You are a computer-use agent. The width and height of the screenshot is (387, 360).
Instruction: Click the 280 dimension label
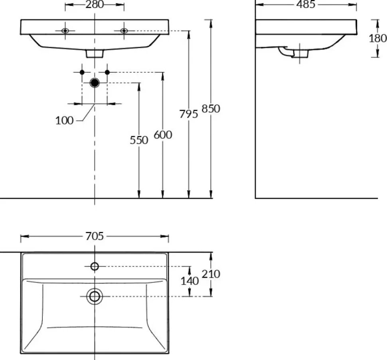tap(95, 4)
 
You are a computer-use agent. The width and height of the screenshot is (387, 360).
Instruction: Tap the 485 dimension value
tap(306, 4)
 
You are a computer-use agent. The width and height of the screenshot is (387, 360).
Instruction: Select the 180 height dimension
tap(377, 38)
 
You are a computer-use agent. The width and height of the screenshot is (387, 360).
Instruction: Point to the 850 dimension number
tap(211, 109)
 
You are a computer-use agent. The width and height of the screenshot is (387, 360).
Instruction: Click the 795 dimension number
tap(189, 114)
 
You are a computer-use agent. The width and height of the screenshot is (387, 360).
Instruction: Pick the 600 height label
tap(163, 135)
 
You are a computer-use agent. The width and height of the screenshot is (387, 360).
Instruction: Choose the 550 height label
tap(139, 140)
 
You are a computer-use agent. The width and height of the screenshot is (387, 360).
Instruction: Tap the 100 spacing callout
tap(64, 121)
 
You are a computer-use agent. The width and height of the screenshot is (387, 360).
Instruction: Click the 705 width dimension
tap(95, 236)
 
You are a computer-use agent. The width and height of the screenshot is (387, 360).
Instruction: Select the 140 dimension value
tap(190, 281)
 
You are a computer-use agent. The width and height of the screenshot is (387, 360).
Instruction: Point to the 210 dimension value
tap(211, 274)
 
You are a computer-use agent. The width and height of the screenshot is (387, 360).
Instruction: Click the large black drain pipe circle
tap(95, 83)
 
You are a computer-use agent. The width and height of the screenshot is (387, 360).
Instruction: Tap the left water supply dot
tap(82, 72)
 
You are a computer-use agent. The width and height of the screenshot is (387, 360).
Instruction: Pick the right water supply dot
tap(107, 72)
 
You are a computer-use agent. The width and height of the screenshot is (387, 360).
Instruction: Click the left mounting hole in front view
tap(65, 31)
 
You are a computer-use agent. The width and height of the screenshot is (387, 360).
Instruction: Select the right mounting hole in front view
tap(124, 31)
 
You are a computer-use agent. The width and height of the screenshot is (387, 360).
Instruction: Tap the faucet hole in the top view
tap(95, 267)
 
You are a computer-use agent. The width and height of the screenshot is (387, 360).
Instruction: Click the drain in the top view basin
tap(95, 296)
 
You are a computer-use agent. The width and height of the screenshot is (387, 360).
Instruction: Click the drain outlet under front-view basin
tap(95, 53)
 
